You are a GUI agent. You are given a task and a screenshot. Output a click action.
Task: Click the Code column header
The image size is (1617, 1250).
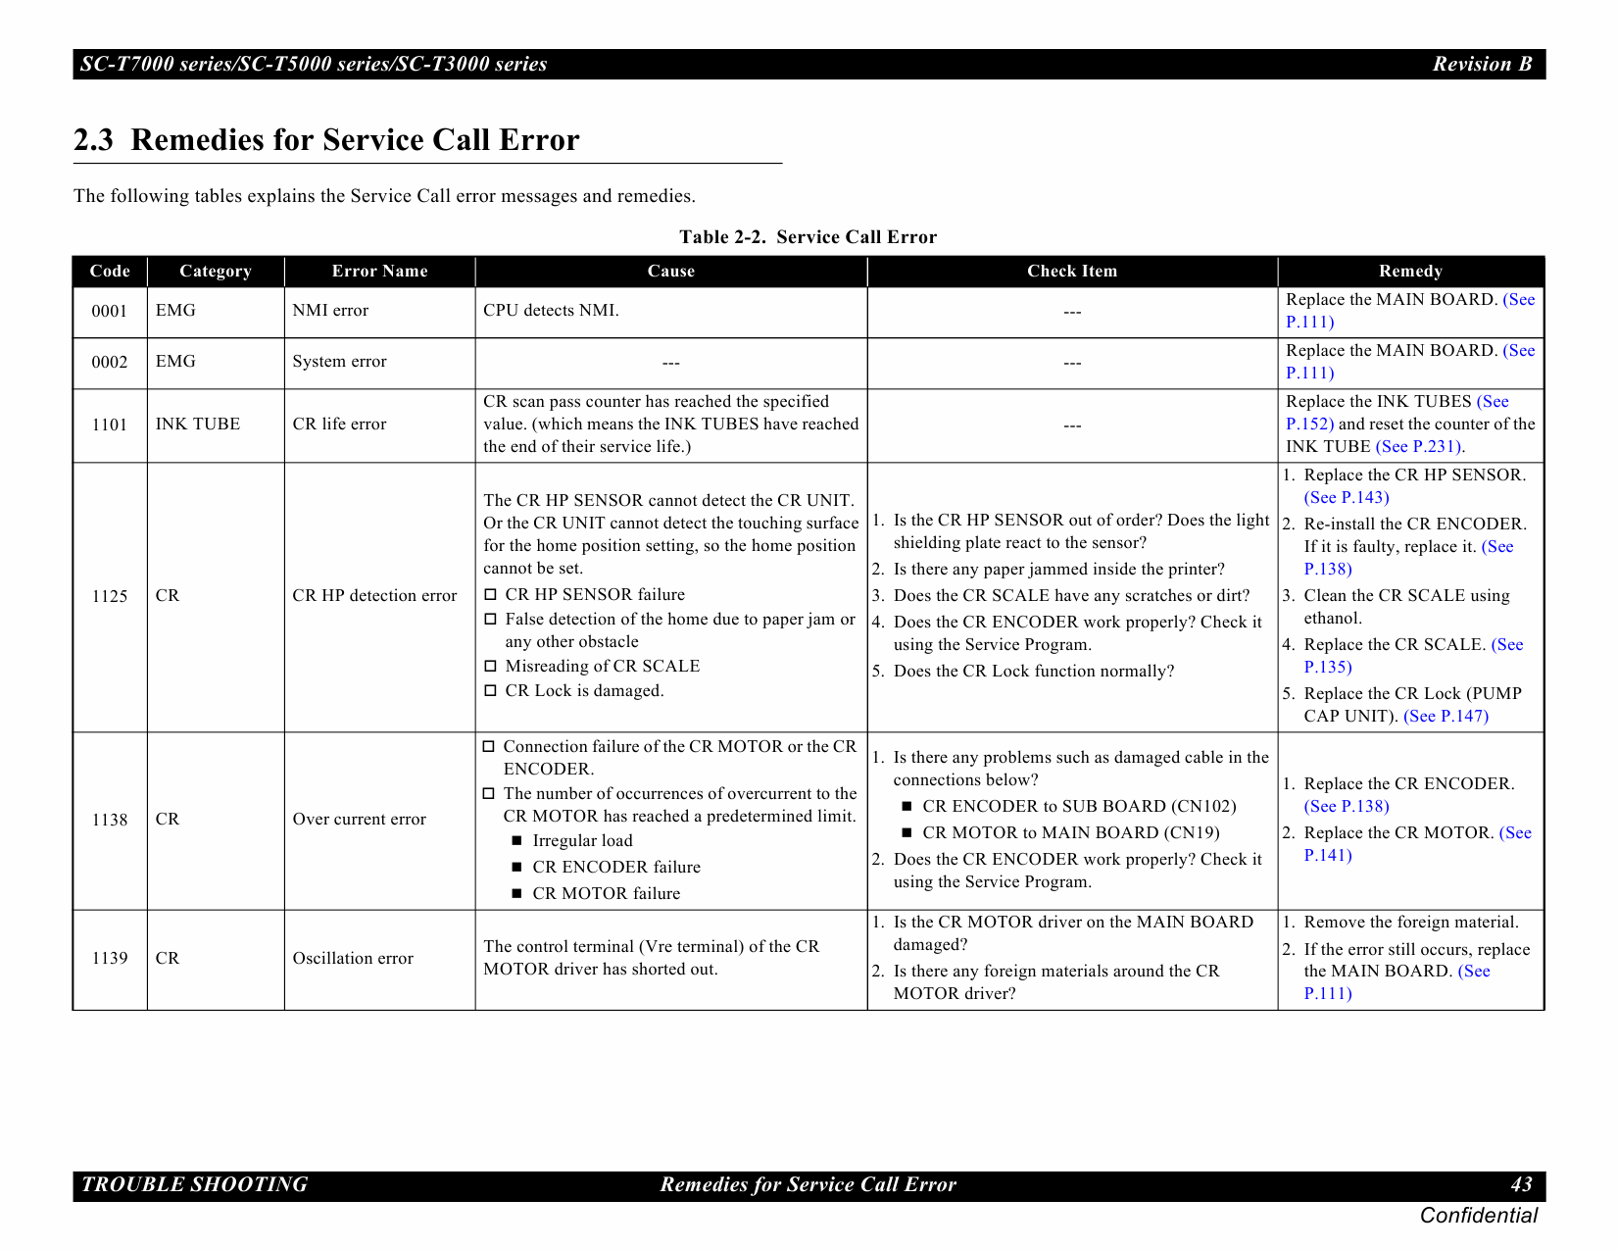pos(110,272)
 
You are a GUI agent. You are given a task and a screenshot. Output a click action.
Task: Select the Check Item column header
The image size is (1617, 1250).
pos(1071,272)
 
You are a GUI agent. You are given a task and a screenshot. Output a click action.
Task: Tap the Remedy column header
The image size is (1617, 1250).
pos(1410,272)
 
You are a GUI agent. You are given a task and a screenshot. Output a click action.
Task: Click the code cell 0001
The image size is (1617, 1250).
pos(110,312)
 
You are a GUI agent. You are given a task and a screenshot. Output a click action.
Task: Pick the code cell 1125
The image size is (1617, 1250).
pos(110,596)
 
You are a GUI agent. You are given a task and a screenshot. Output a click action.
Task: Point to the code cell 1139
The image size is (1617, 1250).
pos(110,959)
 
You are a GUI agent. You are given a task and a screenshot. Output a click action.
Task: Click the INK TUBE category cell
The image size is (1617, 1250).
pos(198,425)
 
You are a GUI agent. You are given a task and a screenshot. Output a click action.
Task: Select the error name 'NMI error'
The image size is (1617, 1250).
pos(330,311)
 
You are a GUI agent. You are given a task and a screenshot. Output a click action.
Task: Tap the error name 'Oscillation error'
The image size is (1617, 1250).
pos(353,959)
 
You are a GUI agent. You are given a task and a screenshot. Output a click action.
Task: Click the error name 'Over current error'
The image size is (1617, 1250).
pos(359,820)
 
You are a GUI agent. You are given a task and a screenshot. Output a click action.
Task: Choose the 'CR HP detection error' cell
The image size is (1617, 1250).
pos(374,596)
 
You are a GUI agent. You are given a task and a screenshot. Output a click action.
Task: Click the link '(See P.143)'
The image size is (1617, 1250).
pos(1347,498)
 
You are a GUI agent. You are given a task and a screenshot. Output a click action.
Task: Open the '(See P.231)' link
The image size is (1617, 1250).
pos(1419,447)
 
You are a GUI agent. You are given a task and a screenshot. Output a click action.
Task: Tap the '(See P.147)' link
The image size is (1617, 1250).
pos(1445,717)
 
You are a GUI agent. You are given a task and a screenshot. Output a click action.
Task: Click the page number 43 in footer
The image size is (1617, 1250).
pos(1521,1185)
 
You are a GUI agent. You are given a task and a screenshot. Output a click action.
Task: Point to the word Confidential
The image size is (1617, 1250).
pos(1478,1217)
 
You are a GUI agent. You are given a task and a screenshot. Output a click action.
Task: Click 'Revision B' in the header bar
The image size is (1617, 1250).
pos(1482,65)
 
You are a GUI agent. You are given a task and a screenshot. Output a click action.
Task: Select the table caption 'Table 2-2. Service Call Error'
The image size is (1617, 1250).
pos(808,237)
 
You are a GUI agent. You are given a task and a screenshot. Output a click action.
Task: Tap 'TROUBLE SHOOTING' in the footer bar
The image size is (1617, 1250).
pos(194,1185)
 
